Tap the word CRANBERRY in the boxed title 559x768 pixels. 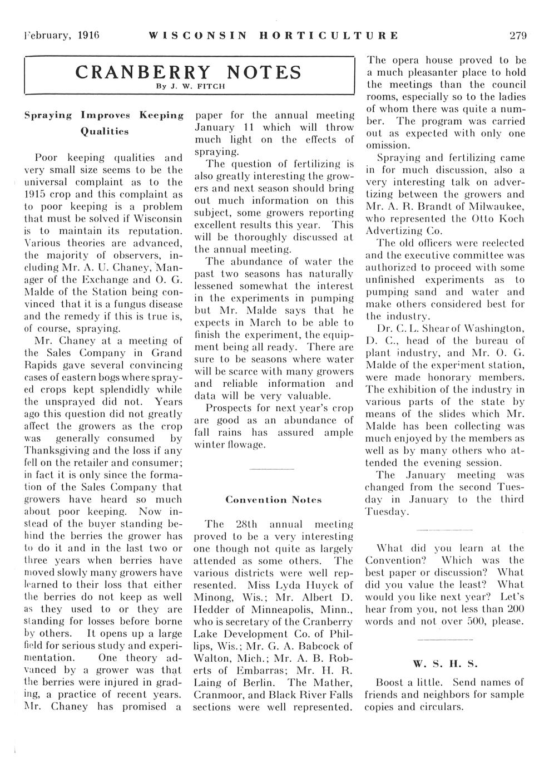coord(143,72)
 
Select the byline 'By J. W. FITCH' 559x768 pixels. coord(190,86)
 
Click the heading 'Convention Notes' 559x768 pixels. coord(273,500)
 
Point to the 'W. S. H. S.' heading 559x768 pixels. coord(445,664)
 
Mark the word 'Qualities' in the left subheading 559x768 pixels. coord(105,132)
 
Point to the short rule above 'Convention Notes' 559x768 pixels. coord(272,470)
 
